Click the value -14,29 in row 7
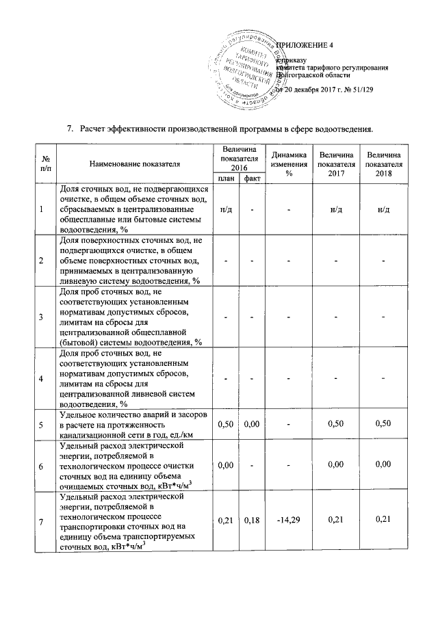pos(288,523)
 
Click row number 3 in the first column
pos(42,317)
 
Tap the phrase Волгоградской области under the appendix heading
pos(311,75)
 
